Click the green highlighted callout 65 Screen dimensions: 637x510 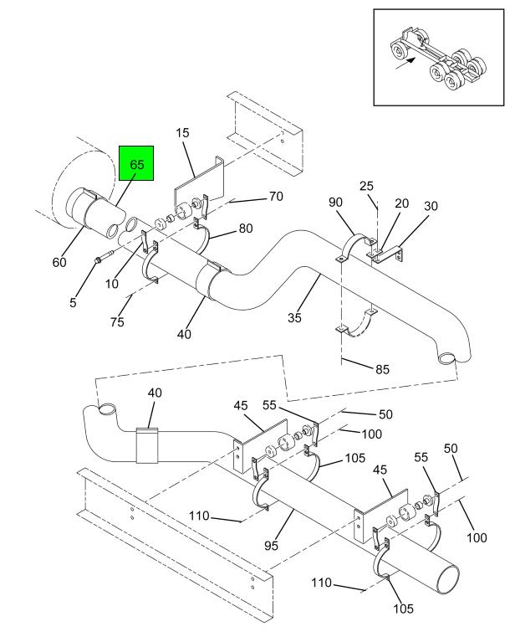pos(136,164)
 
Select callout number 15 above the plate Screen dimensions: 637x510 pos(183,132)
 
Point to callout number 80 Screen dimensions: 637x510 pos(247,227)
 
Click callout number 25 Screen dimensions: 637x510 pos(366,185)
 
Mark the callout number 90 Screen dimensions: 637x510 pos(336,203)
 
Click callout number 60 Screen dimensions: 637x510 pos(59,263)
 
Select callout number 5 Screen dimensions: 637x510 pos(74,302)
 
